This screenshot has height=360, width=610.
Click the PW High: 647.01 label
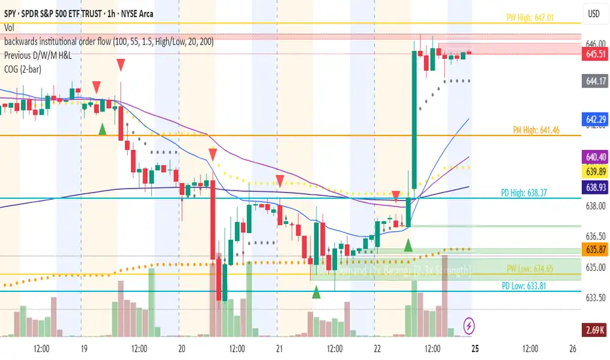531,17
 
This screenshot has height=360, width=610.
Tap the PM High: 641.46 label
535,131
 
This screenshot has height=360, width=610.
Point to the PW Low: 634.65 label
530,269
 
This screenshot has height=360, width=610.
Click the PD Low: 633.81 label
528,285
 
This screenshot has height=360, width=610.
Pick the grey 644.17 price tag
594,81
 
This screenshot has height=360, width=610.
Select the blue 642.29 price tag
594,119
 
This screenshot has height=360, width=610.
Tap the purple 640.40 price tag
594,157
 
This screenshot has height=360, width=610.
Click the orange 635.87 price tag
594,249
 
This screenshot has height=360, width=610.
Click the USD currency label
594,14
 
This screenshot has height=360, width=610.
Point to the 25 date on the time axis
475,348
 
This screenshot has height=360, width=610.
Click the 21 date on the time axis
279,348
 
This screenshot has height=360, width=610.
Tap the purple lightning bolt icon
469,324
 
